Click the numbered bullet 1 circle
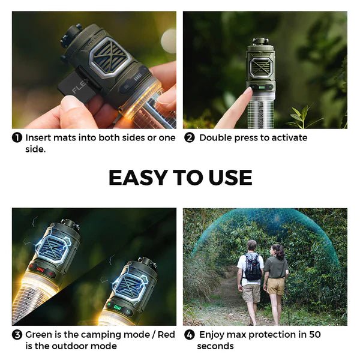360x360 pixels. pos(17,137)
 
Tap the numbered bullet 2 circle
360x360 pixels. pos(189,137)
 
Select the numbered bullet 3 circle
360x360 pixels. pos(17,335)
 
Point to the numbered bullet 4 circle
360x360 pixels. pos(189,335)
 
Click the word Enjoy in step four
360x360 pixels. pos(212,335)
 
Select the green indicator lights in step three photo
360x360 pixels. pos(118,307)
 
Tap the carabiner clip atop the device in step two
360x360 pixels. pos(260,41)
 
